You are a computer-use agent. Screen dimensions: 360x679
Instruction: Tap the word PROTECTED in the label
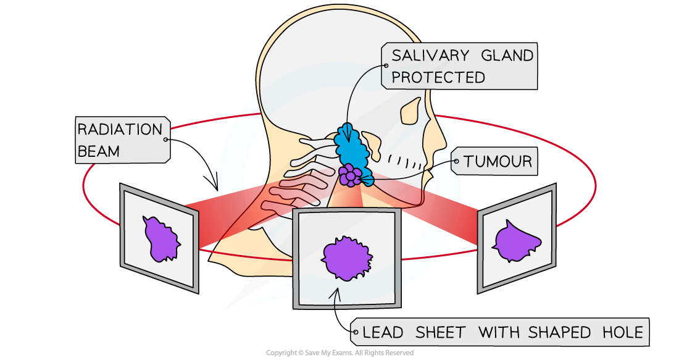tap(438, 78)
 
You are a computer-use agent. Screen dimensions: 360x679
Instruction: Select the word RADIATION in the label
tap(119, 130)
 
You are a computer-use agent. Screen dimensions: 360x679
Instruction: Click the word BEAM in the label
tap(98, 151)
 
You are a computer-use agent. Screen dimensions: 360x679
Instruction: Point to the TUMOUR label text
tap(498, 162)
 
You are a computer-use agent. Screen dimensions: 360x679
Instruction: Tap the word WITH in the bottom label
tap(499, 333)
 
